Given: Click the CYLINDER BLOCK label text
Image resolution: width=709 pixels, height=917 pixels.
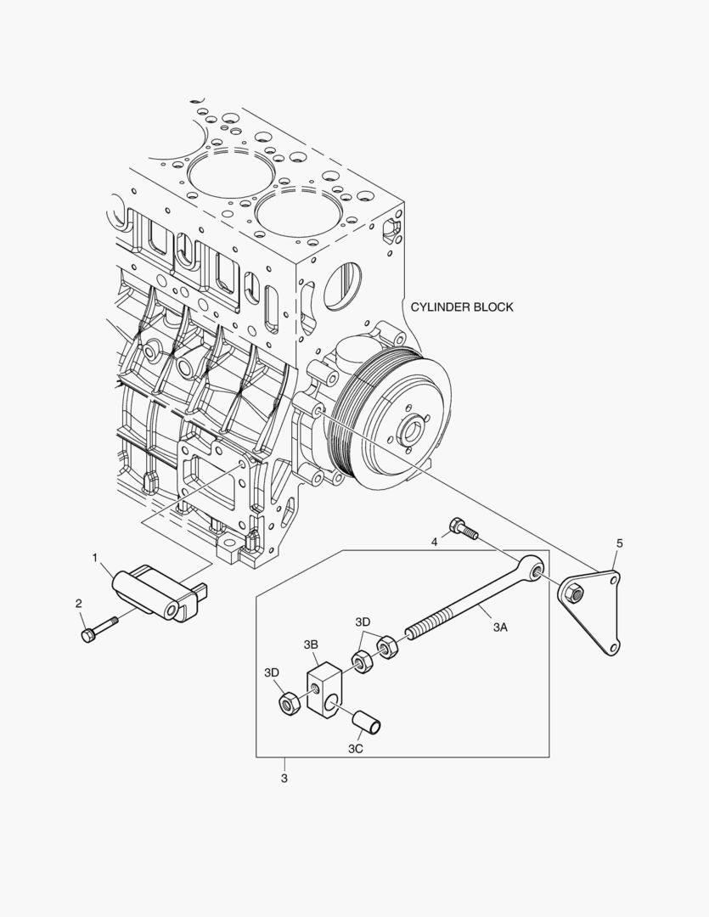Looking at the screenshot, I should pyautogui.click(x=461, y=307).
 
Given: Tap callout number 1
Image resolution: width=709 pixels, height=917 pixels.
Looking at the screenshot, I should pyautogui.click(x=96, y=558).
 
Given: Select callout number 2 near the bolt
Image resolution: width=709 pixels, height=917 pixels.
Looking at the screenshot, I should pyautogui.click(x=79, y=604).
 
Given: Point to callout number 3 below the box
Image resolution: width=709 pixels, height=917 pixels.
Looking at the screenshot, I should pyautogui.click(x=284, y=778).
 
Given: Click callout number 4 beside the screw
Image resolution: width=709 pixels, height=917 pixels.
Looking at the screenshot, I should pyautogui.click(x=434, y=541).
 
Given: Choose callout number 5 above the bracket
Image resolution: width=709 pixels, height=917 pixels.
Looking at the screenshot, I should pyautogui.click(x=619, y=543).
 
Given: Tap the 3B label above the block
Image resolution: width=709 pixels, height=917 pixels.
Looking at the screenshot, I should pyautogui.click(x=311, y=645).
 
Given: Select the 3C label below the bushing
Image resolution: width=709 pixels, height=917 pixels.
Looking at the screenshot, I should pyautogui.click(x=356, y=748).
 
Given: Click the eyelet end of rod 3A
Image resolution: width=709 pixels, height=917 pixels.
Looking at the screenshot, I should pyautogui.click(x=534, y=567).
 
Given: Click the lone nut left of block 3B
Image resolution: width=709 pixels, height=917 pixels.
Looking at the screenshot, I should pyautogui.click(x=288, y=702).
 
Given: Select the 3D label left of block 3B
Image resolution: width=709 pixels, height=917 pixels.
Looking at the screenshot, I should pyautogui.click(x=271, y=672).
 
